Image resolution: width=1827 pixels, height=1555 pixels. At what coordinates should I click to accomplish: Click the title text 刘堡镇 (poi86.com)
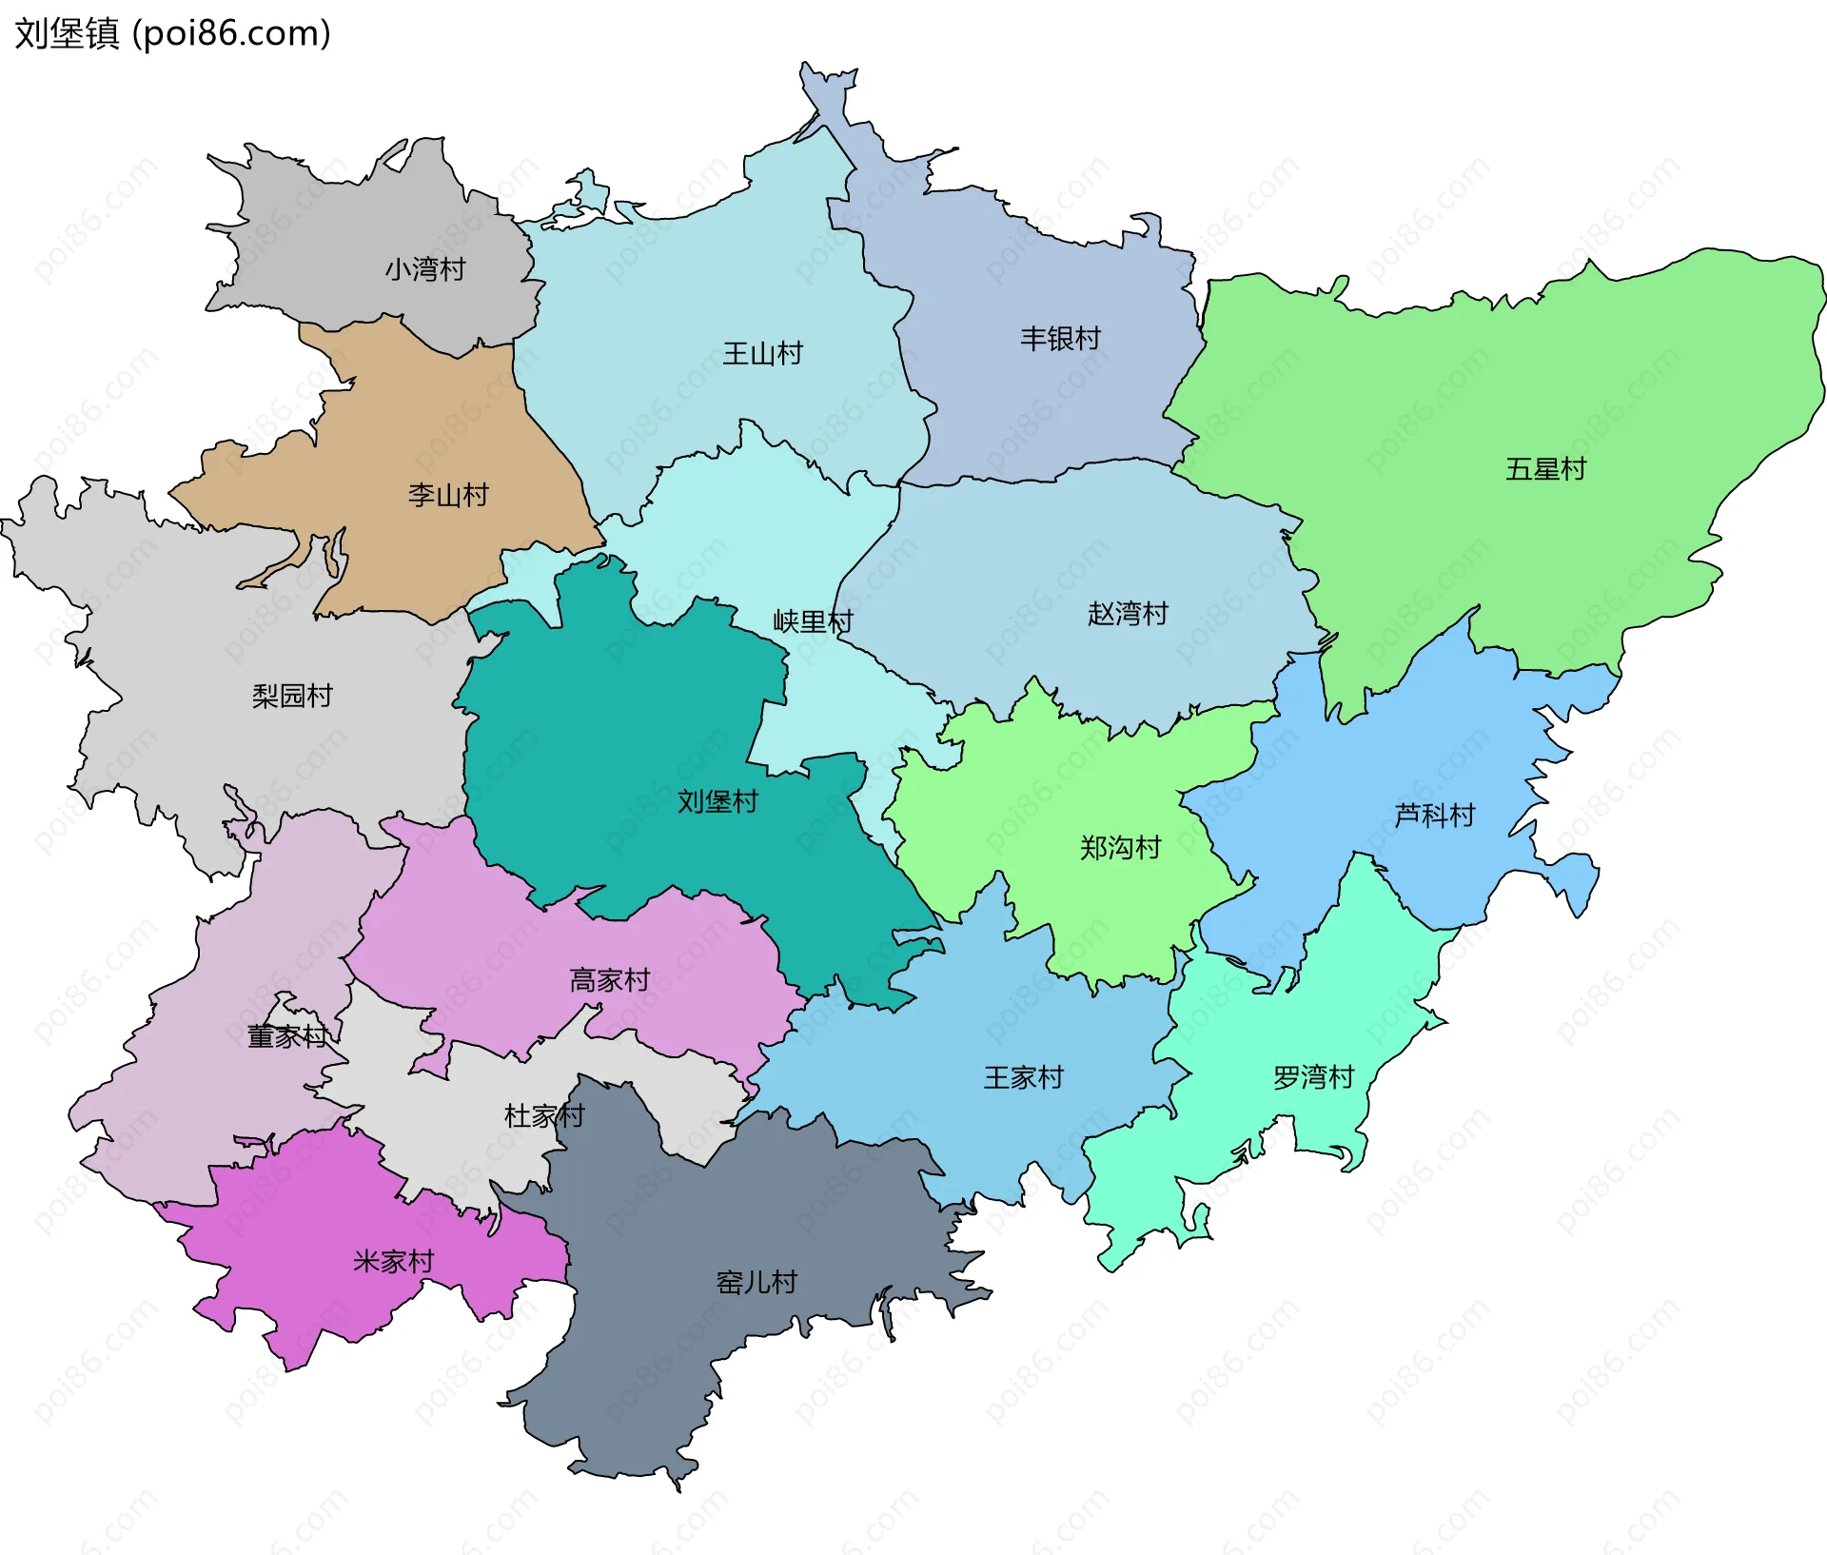click(x=172, y=33)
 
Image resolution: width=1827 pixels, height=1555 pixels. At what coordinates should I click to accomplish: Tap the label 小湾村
click(x=425, y=269)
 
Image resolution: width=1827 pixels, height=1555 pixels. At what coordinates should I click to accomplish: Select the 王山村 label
click(x=762, y=354)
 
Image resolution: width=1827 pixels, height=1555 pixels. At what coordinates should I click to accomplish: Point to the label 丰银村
click(x=1060, y=338)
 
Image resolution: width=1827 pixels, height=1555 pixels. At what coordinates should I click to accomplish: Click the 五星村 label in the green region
click(x=1545, y=469)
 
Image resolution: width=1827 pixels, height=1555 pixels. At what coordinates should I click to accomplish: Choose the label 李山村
click(x=448, y=495)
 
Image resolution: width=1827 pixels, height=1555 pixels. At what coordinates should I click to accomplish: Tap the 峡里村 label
click(x=813, y=621)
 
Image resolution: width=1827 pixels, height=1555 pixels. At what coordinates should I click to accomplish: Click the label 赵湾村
click(x=1128, y=614)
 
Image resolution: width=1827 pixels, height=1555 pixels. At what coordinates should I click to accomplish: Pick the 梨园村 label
click(x=292, y=696)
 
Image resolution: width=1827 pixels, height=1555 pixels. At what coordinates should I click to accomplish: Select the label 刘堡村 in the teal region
click(x=717, y=801)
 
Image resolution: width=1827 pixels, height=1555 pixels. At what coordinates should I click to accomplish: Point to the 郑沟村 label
click(x=1120, y=847)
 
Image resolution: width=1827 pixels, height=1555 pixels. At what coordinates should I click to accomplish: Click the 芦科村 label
click(x=1434, y=815)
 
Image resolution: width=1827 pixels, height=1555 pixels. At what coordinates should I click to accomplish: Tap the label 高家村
click(x=609, y=979)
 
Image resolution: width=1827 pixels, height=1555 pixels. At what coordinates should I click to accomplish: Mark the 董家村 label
click(x=286, y=1036)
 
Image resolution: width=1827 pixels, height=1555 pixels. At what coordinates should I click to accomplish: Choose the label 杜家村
click(x=543, y=1115)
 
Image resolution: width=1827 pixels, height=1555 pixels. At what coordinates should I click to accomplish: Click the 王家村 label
click(x=1023, y=1077)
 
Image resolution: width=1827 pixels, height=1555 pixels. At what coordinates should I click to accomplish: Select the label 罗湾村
click(x=1313, y=1077)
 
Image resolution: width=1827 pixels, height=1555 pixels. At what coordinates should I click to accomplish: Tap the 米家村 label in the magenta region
click(x=393, y=1261)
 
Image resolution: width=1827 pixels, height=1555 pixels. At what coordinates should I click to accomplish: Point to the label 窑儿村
click(x=756, y=1282)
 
